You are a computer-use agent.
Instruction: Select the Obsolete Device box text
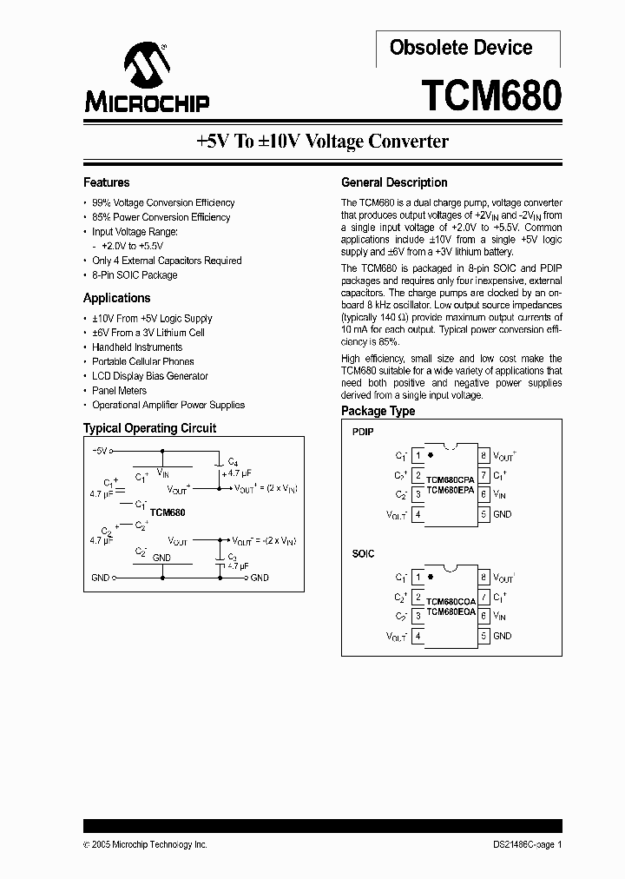point(461,48)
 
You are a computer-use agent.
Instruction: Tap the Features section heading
point(106,182)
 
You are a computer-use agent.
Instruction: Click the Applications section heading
point(117,298)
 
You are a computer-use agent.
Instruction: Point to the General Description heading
point(394,182)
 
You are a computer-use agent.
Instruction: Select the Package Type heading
point(378,411)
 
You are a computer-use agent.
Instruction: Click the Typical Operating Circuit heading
point(149,428)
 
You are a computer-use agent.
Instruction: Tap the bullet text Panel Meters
point(119,391)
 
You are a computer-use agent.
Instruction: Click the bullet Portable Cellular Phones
point(143,361)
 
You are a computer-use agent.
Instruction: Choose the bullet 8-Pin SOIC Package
point(135,275)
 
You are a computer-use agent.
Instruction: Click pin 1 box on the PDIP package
point(418,455)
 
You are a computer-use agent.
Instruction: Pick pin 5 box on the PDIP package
point(484,514)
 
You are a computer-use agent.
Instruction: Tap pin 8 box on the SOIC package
point(484,578)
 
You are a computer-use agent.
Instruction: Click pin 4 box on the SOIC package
point(418,637)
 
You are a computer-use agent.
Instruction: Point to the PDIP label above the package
point(363,432)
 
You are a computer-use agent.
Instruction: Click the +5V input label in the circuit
point(98,452)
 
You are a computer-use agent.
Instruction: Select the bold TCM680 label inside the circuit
point(168,512)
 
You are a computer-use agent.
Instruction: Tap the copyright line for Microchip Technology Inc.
point(145,844)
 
